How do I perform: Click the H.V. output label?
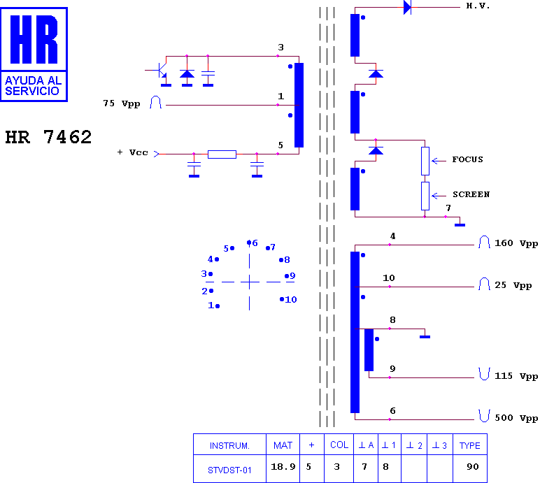(478, 6)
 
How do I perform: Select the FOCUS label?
(467, 159)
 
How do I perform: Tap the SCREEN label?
(471, 194)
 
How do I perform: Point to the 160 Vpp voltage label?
(516, 243)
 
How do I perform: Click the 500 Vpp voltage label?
(516, 418)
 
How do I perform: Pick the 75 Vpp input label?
(122, 103)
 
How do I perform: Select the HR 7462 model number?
(48, 137)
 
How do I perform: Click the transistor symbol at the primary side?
(161, 71)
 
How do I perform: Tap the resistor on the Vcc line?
(222, 154)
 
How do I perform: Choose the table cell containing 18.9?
(283, 467)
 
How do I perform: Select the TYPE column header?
(469, 445)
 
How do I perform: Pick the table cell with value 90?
(472, 467)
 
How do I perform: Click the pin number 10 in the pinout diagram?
(290, 299)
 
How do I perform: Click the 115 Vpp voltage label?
(516, 376)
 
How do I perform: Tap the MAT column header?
(283, 445)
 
